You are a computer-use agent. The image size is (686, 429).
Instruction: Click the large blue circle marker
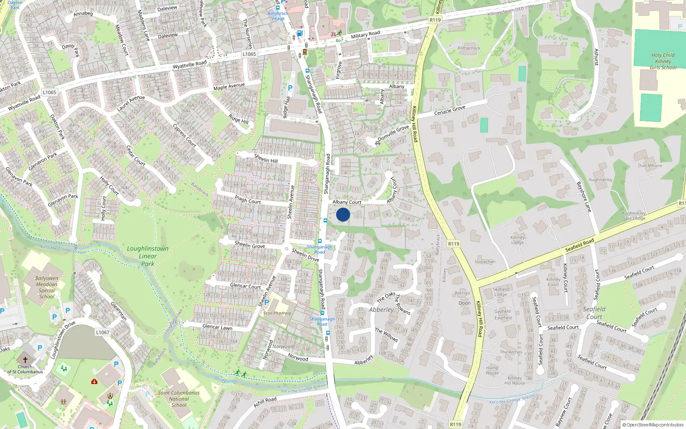click(343, 214)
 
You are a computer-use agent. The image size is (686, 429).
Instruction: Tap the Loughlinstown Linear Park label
click(148, 256)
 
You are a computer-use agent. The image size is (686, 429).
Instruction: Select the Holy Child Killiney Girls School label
click(663, 61)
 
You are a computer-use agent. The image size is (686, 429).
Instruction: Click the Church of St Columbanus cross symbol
click(25, 360)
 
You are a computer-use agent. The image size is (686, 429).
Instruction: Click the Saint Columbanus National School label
click(179, 399)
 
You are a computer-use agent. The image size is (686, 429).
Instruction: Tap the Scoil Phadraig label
click(277, 313)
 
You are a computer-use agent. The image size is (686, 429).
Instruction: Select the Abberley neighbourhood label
click(381, 309)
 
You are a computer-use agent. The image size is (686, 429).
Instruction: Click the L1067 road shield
click(103, 332)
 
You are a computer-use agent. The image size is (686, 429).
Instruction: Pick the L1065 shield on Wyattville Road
click(49, 92)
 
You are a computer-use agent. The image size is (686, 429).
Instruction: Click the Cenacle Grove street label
click(450, 110)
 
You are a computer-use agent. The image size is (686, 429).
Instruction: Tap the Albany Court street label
click(347, 202)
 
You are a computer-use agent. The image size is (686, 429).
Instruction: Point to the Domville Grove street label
click(393, 133)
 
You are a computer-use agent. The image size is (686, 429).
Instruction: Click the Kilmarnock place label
click(469, 48)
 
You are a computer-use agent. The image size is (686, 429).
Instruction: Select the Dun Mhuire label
click(650, 166)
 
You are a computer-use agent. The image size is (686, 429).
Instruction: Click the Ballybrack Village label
click(278, 16)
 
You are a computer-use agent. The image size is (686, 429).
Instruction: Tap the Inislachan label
click(485, 261)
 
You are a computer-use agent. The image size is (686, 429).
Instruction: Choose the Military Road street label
click(365, 34)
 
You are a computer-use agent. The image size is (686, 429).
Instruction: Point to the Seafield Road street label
click(580, 245)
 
